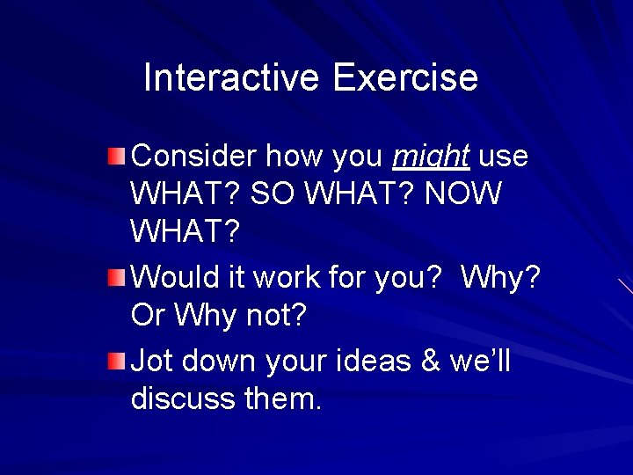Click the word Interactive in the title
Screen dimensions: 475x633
click(230, 77)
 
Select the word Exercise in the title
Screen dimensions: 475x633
click(405, 77)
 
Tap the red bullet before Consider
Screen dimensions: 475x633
click(117, 158)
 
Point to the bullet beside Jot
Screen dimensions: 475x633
click(117, 361)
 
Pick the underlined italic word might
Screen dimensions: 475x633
click(432, 157)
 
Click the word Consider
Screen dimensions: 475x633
click(193, 157)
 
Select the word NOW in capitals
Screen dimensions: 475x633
click(462, 194)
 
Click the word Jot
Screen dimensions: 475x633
click(150, 361)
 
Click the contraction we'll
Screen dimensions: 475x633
click(479, 361)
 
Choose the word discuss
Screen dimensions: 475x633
click(183, 398)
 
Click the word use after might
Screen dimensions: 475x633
click(504, 157)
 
